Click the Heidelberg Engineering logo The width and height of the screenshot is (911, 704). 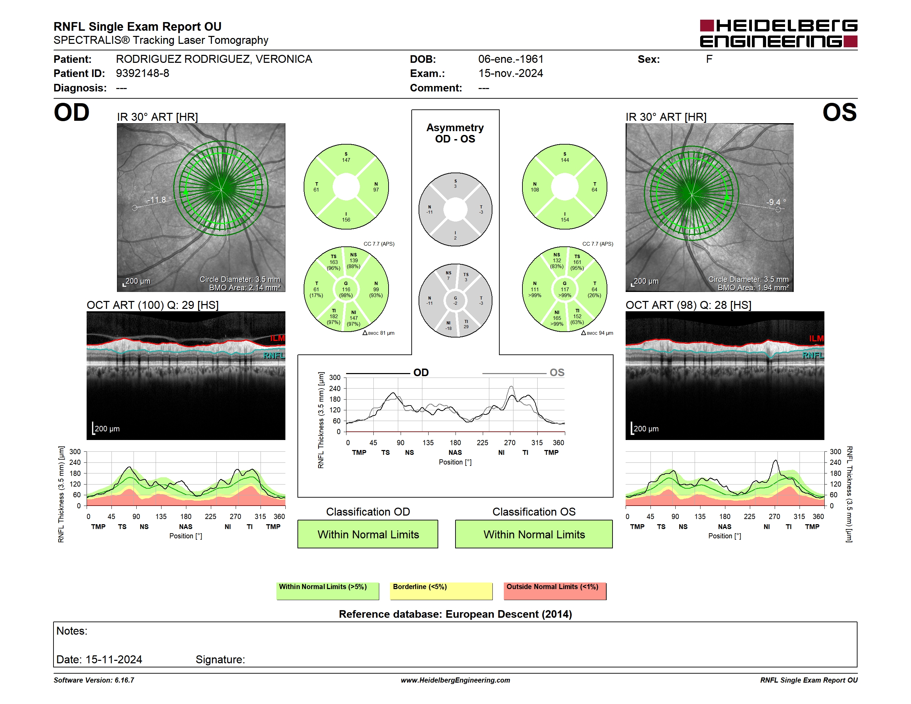778,33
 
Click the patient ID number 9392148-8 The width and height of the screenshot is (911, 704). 142,74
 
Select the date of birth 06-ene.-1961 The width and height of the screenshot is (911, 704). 511,59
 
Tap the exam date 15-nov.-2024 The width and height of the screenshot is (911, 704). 511,74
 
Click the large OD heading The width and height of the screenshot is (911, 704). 71,113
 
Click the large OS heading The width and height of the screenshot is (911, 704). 839,113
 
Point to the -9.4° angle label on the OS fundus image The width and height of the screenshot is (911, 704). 776,202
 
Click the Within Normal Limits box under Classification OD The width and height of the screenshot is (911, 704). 368,534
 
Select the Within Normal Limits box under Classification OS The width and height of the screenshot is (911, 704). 534,534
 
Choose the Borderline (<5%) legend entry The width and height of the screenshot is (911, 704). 441,591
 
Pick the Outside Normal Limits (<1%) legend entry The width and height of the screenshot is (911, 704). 555,591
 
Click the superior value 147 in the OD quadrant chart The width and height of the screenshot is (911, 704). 346,160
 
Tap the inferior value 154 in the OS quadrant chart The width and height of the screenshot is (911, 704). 565,220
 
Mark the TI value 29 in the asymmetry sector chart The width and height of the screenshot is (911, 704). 466,326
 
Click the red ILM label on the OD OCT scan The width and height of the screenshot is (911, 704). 277,338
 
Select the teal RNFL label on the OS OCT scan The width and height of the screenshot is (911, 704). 813,355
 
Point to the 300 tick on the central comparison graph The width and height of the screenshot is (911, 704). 335,378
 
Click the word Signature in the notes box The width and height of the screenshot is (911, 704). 220,659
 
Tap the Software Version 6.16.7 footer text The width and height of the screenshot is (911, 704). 94,680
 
